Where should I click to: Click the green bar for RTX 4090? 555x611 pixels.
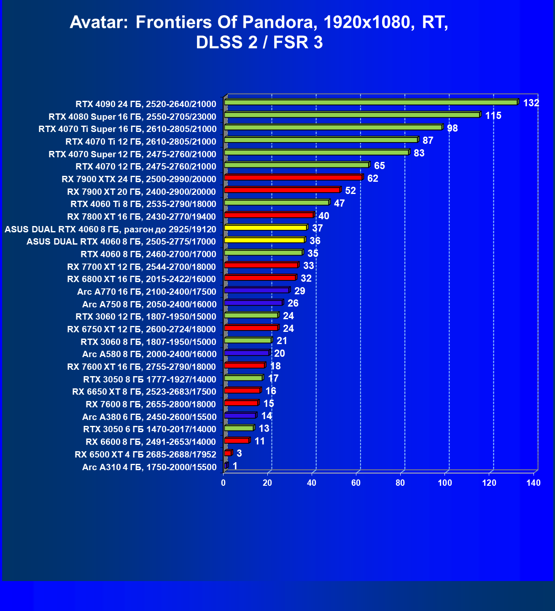(x=371, y=102)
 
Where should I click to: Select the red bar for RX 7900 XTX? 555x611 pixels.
(x=293, y=178)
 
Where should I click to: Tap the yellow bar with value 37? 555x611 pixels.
(x=266, y=228)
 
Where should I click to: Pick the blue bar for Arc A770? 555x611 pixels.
(x=256, y=291)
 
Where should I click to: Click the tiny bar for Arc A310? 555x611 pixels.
(x=226, y=466)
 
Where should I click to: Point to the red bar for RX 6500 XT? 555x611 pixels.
(x=228, y=453)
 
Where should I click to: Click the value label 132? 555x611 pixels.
(x=531, y=103)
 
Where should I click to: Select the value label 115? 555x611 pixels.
(x=493, y=116)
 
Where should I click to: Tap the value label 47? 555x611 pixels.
(x=339, y=203)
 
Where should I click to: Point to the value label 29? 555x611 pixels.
(x=299, y=291)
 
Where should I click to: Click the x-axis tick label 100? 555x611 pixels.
(x=445, y=483)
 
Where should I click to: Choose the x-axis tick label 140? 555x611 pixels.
(x=533, y=483)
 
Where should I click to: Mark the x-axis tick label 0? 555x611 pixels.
(x=224, y=483)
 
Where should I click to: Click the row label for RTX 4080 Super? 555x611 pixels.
(x=132, y=116)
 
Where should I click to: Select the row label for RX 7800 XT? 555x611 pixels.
(x=141, y=217)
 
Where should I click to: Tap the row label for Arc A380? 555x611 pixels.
(x=149, y=417)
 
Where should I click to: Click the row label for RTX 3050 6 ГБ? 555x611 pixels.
(x=149, y=429)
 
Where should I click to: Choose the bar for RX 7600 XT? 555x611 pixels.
(x=245, y=366)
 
